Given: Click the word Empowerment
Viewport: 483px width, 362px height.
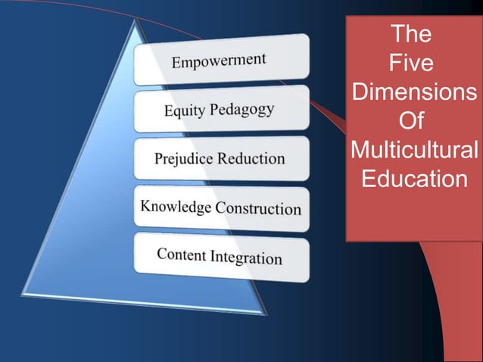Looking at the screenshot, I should tap(219, 61).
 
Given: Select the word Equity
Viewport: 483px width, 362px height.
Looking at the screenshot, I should tap(183, 111).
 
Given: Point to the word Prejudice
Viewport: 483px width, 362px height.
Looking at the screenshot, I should tap(184, 160).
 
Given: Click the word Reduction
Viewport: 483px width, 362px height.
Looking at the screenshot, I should tap(251, 159).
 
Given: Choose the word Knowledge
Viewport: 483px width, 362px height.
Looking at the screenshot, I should tap(175, 206).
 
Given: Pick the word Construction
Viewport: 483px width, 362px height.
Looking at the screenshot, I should tap(258, 208).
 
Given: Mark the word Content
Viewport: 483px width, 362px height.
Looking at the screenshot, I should tap(182, 254).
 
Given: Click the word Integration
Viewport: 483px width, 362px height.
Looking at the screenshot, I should tap(247, 257).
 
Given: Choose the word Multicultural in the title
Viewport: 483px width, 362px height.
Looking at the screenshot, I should tap(414, 150).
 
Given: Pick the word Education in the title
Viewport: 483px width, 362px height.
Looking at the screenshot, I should tap(414, 179).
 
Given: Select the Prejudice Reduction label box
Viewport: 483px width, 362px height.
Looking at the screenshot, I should tap(222, 159).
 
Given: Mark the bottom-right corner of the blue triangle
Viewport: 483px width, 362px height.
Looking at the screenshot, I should tap(266, 313).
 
